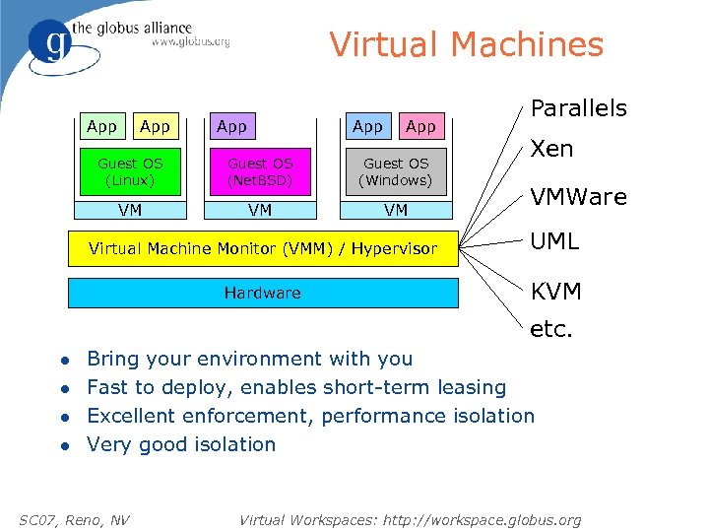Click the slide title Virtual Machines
pyautogui.click(x=466, y=44)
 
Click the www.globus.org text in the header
pyautogui.click(x=190, y=41)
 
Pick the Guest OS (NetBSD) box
pyautogui.click(x=261, y=171)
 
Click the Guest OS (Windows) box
pyautogui.click(x=395, y=171)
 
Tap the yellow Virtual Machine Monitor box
pyautogui.click(x=263, y=248)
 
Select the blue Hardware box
pyautogui.click(x=263, y=293)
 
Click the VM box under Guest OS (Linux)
pyautogui.click(x=130, y=209)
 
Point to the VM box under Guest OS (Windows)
pyautogui.click(x=395, y=209)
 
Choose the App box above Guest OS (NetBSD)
pyautogui.click(x=232, y=126)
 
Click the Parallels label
pyautogui.click(x=579, y=107)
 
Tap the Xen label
pyautogui.click(x=551, y=149)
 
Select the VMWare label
pyautogui.click(x=578, y=197)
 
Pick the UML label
pyautogui.click(x=555, y=240)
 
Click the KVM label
pyautogui.click(x=556, y=292)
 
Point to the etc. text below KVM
pyautogui.click(x=551, y=330)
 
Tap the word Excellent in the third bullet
pyautogui.click(x=135, y=416)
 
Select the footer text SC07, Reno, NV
pyautogui.click(x=74, y=519)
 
